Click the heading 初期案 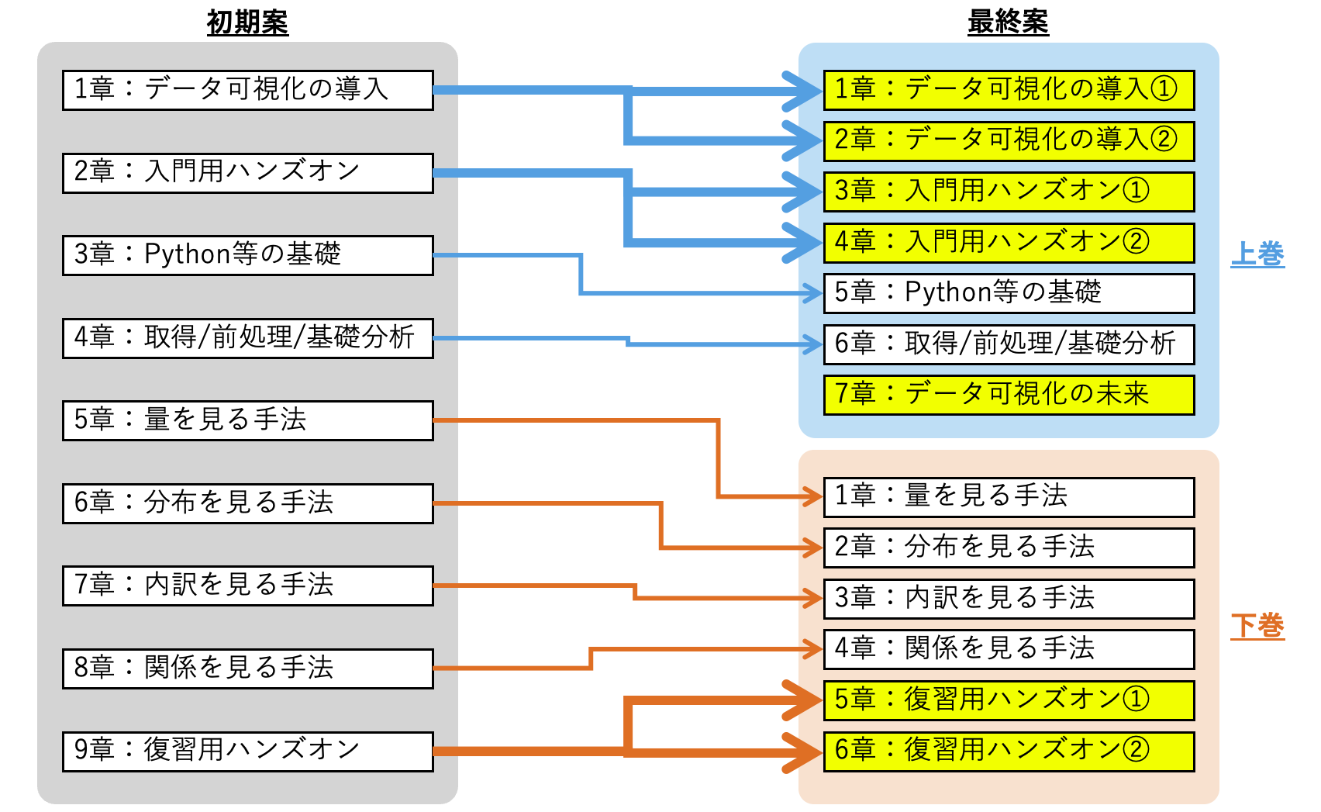coord(247,22)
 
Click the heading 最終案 coord(1008,22)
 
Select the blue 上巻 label coord(1257,254)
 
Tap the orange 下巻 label coord(1257,626)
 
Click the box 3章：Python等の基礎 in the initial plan coord(247,255)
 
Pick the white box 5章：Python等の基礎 coord(1008,293)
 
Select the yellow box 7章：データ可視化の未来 coord(1008,395)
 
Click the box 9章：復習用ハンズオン coord(247,751)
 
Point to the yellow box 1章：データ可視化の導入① coord(1008,90)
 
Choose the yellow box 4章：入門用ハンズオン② coord(1008,243)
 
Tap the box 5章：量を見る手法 coord(247,420)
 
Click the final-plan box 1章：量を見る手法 coord(1008,496)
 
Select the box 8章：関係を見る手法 coord(247,669)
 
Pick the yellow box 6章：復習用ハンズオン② coord(1008,751)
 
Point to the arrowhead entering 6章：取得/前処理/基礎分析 coord(814,343)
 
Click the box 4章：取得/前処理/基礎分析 coord(247,338)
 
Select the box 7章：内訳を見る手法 coord(247,586)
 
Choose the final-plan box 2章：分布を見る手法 coord(1008,548)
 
